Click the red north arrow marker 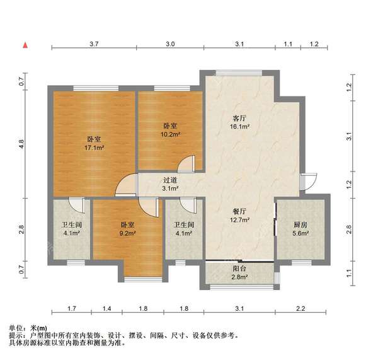coord(25,45)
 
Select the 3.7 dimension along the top coord(94,44)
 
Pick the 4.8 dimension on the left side coord(21,144)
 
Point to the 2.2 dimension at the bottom coord(300,308)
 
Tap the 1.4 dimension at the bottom coord(108,308)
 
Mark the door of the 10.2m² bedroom coord(186,165)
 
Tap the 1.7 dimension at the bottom coord(72,308)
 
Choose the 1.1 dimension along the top coord(287,44)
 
